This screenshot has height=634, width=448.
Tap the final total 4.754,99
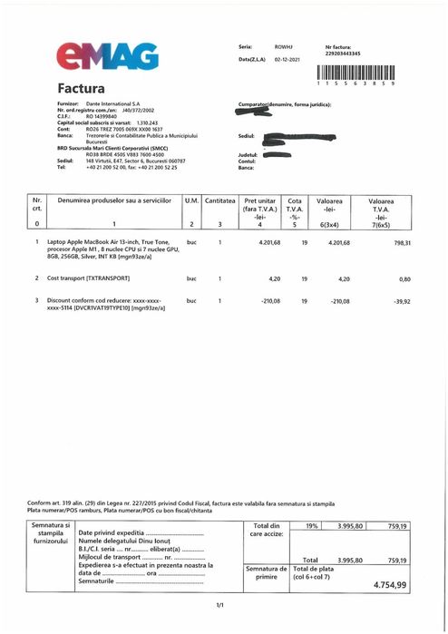[x=390, y=585]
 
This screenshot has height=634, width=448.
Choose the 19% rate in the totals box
[x=311, y=525]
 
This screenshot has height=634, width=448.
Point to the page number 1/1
[x=219, y=604]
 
